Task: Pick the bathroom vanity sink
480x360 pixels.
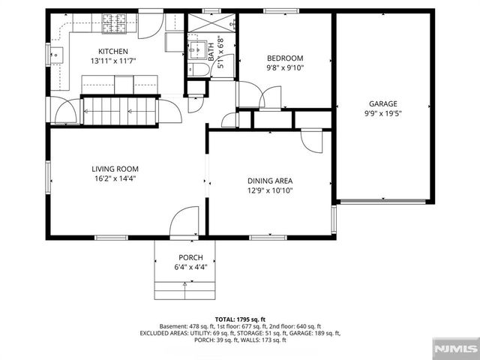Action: tap(196, 49)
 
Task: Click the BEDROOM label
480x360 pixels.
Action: tap(285, 58)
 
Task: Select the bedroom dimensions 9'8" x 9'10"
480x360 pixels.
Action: tap(285, 67)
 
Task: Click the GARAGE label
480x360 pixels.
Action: tap(382, 104)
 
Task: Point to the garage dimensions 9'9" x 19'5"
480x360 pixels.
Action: tap(382, 114)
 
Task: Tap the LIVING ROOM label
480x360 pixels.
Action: tap(115, 169)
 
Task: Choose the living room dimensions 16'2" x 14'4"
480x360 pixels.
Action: tap(115, 178)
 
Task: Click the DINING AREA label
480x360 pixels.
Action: tap(270, 181)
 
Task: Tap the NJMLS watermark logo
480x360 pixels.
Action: tap(454, 349)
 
